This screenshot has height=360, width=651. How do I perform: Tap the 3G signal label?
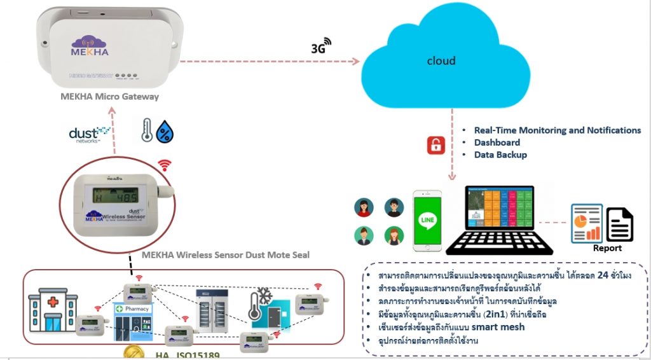(x=321, y=46)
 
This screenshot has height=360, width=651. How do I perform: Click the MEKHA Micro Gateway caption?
(x=109, y=97)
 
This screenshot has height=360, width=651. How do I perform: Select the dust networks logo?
(x=89, y=134)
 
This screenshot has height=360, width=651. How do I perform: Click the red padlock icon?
(x=435, y=145)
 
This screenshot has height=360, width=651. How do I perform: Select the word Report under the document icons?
(x=608, y=248)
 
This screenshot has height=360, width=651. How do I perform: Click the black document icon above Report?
(x=619, y=225)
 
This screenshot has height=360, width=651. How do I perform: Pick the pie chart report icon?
(x=586, y=223)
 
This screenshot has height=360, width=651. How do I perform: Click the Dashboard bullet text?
(x=497, y=142)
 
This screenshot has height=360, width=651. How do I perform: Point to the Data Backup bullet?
(x=500, y=155)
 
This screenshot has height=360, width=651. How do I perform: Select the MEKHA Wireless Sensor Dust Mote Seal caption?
(x=225, y=255)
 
